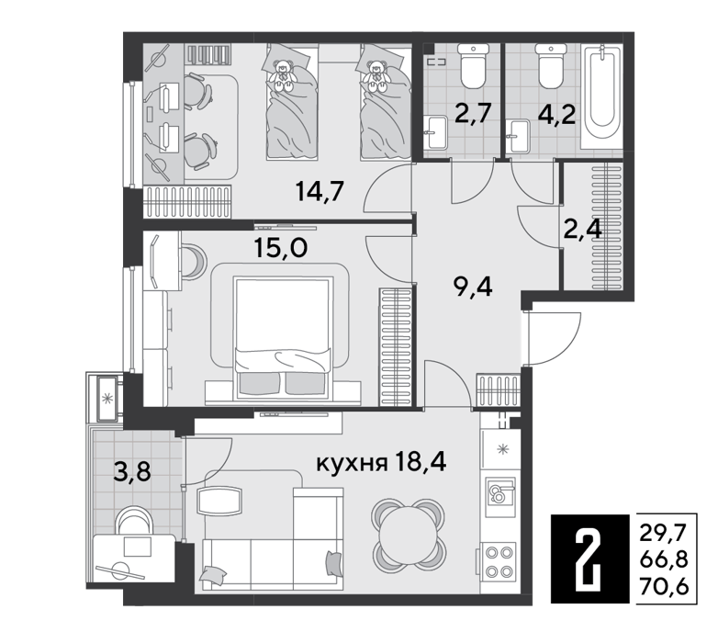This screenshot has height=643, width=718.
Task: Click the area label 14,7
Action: pyautogui.click(x=320, y=191)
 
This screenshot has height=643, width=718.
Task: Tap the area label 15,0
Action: pyautogui.click(x=281, y=248)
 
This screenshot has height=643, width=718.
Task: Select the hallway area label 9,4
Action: pyautogui.click(x=473, y=288)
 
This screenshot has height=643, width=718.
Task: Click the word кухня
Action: pyautogui.click(x=352, y=465)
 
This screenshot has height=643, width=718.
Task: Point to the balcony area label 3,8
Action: pyautogui.click(x=132, y=471)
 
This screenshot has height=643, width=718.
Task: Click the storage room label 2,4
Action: pyautogui.click(x=582, y=230)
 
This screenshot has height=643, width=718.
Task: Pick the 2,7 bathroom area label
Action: pyautogui.click(x=473, y=113)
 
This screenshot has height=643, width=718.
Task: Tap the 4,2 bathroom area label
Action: pyautogui.click(x=556, y=115)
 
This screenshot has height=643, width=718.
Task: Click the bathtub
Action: pyautogui.click(x=602, y=96)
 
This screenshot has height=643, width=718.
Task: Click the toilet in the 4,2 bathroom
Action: pyautogui.click(x=551, y=65)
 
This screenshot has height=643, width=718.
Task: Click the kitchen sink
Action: pyautogui.click(x=500, y=491)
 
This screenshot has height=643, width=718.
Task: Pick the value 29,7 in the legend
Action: pyautogui.click(x=664, y=533)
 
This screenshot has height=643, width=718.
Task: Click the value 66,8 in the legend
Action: pyautogui.click(x=664, y=559)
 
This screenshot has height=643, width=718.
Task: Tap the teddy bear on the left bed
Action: pyautogui.click(x=282, y=75)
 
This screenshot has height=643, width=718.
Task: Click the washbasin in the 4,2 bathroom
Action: pyautogui.click(x=520, y=136)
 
